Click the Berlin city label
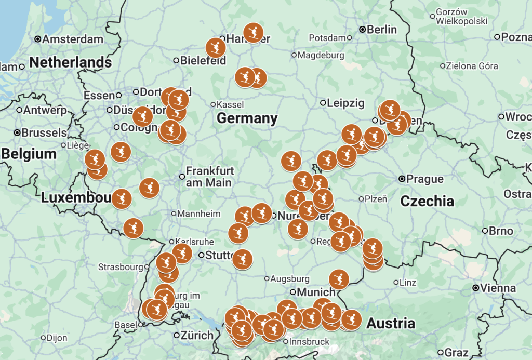click(x=381, y=30)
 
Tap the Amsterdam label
click(x=72, y=39)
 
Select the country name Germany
click(x=247, y=118)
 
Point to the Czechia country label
click(x=427, y=201)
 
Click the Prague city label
click(x=425, y=179)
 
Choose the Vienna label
click(x=498, y=288)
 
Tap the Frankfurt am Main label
click(x=210, y=177)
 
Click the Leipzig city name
click(x=345, y=103)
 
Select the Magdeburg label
click(x=321, y=55)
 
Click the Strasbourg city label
click(x=120, y=267)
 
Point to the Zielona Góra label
click(x=472, y=66)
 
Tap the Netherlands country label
click(x=70, y=63)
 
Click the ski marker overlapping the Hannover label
click(x=253, y=32)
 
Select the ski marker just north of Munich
click(x=339, y=279)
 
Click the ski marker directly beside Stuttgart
click(x=242, y=259)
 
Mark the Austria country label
click(x=391, y=324)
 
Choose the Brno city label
click(x=500, y=231)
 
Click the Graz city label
click(x=457, y=352)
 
